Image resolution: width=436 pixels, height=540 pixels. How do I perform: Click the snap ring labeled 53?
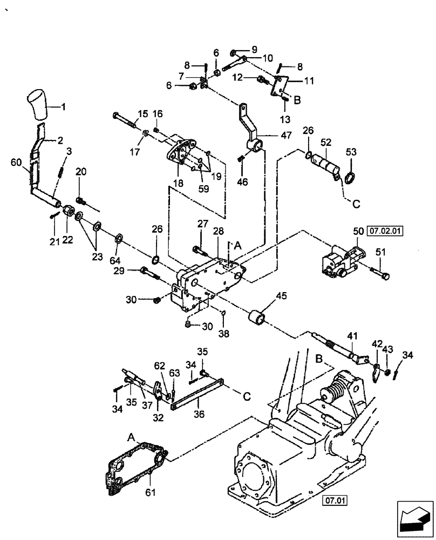pos(349,178)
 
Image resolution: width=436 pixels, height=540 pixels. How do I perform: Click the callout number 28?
pos(218,231)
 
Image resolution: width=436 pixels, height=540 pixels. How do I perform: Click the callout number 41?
pos(352,336)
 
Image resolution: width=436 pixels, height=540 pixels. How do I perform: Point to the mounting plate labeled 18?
pos(182,153)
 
